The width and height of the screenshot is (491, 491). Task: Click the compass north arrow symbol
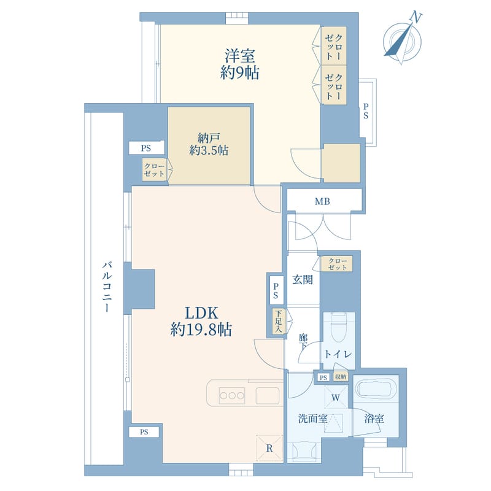403,37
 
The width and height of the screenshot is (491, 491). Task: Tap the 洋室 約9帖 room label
241,64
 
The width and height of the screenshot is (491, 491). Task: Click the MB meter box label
322,201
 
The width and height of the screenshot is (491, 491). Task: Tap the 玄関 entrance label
302,280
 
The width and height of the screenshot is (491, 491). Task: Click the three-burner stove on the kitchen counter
232,394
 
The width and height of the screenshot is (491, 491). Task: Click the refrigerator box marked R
269,448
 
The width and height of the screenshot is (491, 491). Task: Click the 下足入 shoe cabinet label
278,321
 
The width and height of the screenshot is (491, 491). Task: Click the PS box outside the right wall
366,112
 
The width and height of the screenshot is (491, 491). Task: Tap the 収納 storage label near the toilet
340,377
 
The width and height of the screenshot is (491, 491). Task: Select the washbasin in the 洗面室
303,453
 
